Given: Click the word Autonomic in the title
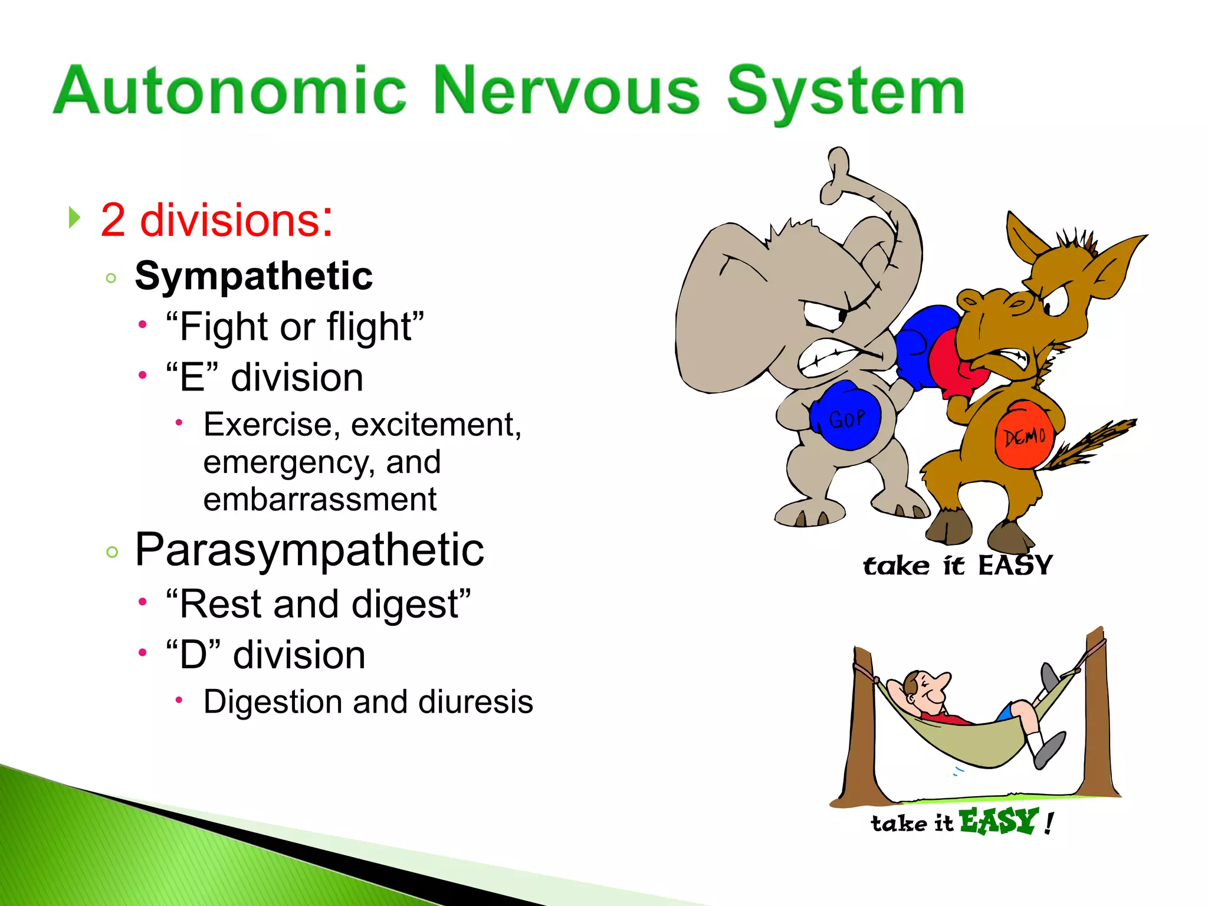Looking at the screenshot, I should click(x=230, y=91).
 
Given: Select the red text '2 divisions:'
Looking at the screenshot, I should click(x=216, y=220).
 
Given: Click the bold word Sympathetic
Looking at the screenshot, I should click(x=254, y=276).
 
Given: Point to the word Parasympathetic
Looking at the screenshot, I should click(x=309, y=550).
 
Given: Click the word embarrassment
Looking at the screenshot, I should click(x=320, y=500).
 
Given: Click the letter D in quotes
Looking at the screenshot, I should click(x=193, y=655).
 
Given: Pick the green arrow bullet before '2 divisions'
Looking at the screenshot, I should click(x=74, y=218).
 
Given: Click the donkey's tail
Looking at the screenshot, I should click(x=1091, y=442).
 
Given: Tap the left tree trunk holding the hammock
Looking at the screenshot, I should click(x=860, y=731).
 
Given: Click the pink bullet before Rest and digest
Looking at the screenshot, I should click(x=142, y=602).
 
